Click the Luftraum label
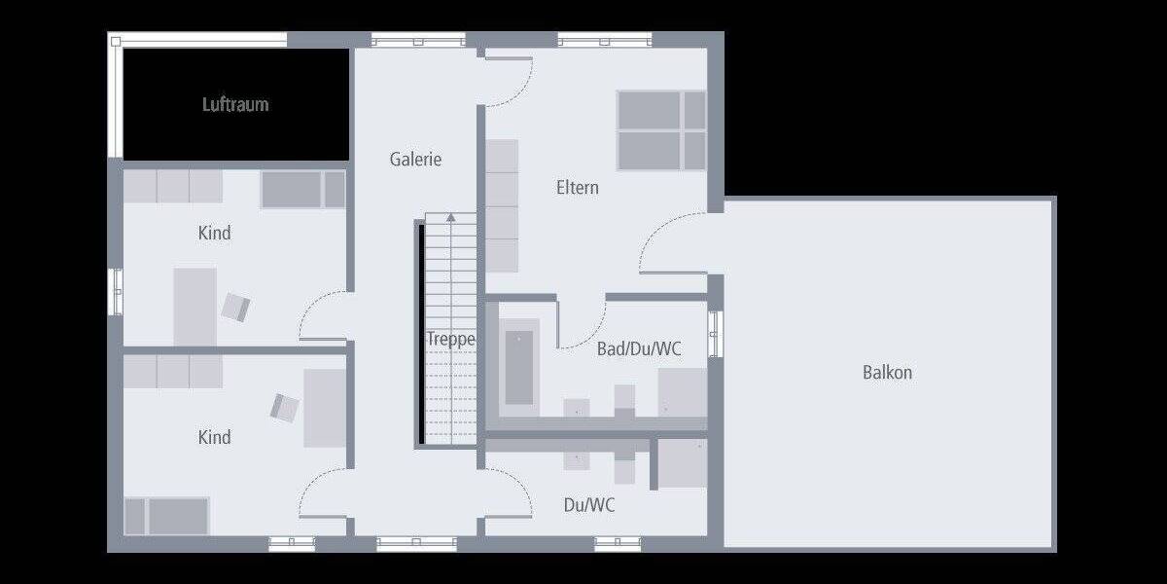coord(235,104)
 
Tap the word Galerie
coord(416,159)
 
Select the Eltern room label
coord(578,187)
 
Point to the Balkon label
coord(887,372)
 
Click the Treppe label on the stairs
coord(450,340)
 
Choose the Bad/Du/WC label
coord(639,348)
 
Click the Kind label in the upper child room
coord(215,234)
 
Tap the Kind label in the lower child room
coord(215,437)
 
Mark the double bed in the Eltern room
coord(661,130)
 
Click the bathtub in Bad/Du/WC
coord(518,367)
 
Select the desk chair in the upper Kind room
coord(236,308)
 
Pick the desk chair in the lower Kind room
coord(285,407)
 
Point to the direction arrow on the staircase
coord(450,217)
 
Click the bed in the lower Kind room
coord(167,516)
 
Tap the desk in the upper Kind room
coord(194,306)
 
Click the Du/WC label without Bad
coord(589,505)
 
